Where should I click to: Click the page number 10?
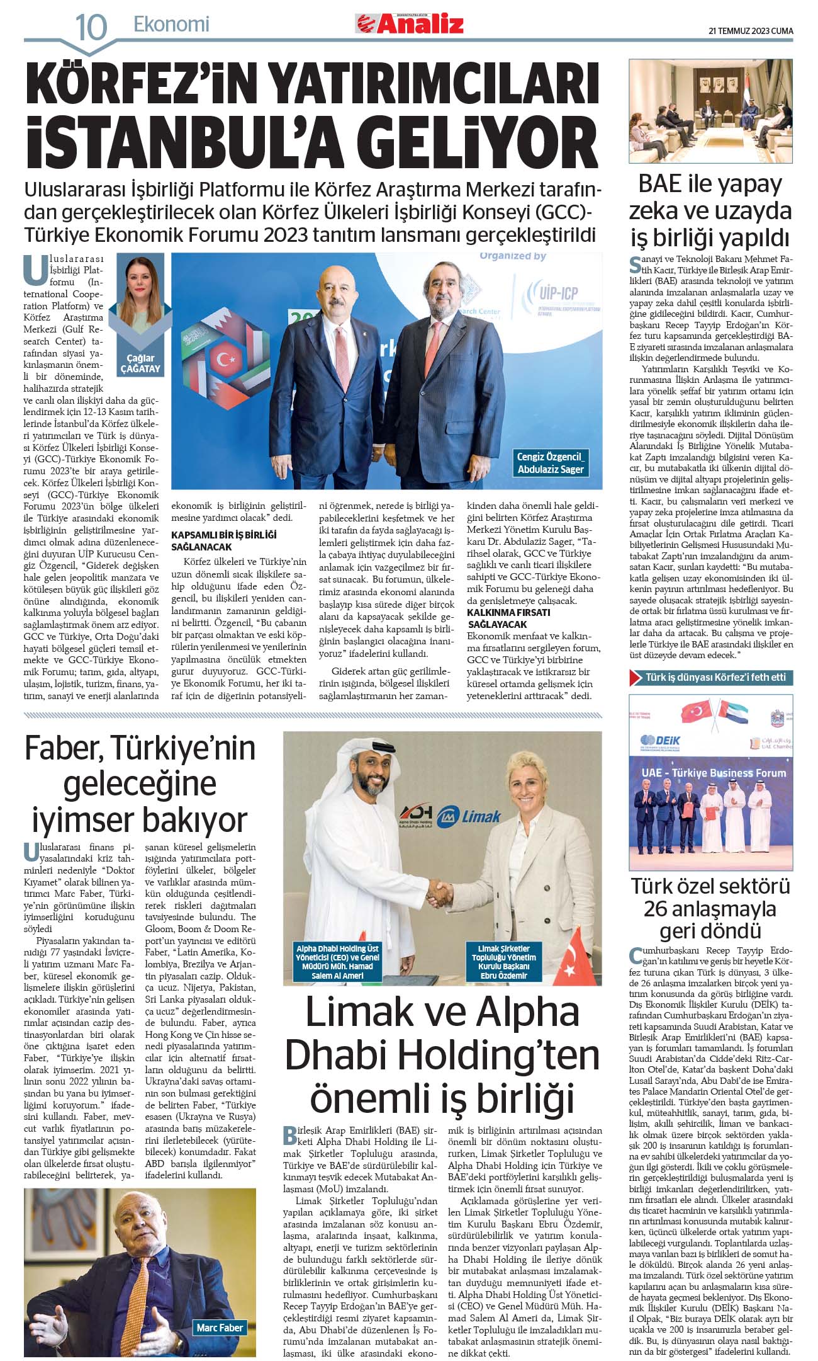pyautogui.click(x=91, y=26)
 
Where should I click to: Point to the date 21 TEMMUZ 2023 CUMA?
pyautogui.click(x=751, y=30)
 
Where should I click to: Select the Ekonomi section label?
pyautogui.click(x=171, y=25)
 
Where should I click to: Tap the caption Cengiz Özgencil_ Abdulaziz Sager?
pyautogui.click(x=551, y=463)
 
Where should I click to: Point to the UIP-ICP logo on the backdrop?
pyautogui.click(x=558, y=293)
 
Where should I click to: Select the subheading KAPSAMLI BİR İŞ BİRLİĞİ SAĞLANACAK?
pyautogui.click(x=223, y=540)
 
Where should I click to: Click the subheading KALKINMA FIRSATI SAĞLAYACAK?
pyautogui.click(x=508, y=618)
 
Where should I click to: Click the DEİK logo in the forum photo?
pyautogui.click(x=660, y=741)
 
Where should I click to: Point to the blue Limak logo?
pyautogui.click(x=472, y=816)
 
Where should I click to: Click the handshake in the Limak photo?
pyautogui.click(x=440, y=892)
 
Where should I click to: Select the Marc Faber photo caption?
pyautogui.click(x=220, y=1328)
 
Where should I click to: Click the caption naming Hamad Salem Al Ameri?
pyautogui.click(x=337, y=962)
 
